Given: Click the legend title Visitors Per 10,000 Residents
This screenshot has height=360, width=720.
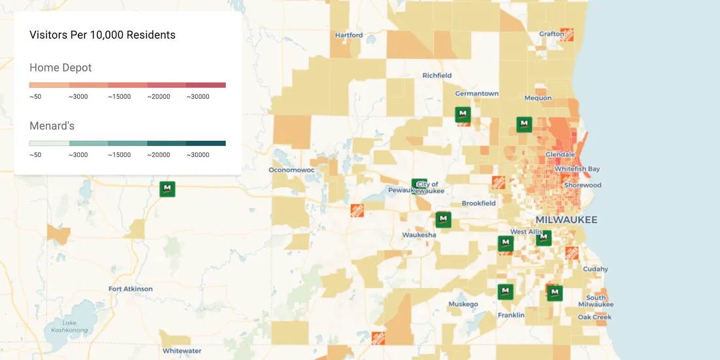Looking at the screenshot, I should (x=102, y=35).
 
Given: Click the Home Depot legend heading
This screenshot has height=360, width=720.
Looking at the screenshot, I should (x=60, y=67).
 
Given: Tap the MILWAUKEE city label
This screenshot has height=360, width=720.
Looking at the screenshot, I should (x=566, y=220).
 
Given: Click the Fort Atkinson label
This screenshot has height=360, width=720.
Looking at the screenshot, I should (x=130, y=289).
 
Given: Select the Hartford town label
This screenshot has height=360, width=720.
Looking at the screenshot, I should (x=348, y=35).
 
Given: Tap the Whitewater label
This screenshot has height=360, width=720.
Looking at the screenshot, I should (x=182, y=351).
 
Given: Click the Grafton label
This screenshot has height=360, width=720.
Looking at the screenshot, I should (x=551, y=34).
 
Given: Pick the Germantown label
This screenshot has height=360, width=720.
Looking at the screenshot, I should (x=477, y=94).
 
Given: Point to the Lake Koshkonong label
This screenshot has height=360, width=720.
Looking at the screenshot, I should (x=69, y=326).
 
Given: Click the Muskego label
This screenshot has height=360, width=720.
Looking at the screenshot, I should (x=463, y=304).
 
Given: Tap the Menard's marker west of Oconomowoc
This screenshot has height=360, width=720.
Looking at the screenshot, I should (x=168, y=189).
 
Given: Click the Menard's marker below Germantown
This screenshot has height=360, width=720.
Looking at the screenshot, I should (x=463, y=115).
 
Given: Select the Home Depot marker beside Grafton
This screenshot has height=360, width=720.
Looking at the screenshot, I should (x=567, y=35).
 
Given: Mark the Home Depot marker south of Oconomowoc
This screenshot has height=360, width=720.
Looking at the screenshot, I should (x=357, y=211).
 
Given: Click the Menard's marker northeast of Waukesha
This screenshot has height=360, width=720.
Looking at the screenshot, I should (x=443, y=219).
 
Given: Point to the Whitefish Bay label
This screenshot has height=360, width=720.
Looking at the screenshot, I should (x=577, y=169).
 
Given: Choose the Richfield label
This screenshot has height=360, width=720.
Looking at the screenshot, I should (x=437, y=75).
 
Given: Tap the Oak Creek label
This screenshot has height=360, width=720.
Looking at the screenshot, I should (x=594, y=317).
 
